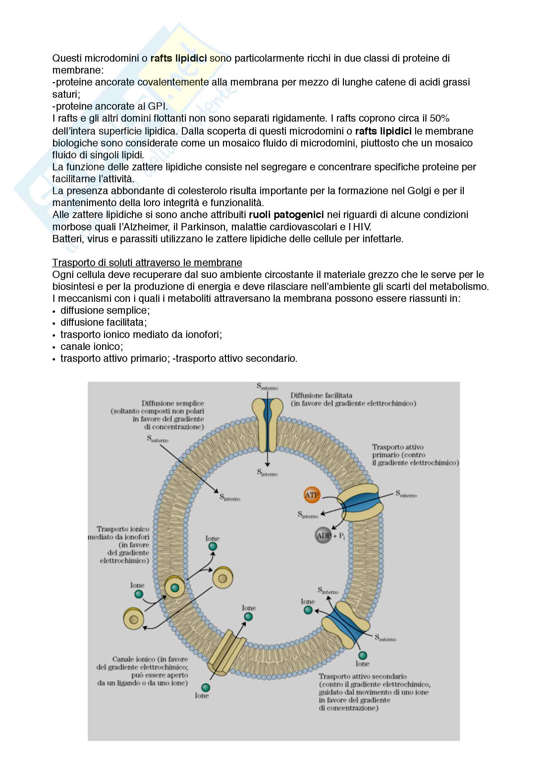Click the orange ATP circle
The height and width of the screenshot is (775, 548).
tap(311, 495)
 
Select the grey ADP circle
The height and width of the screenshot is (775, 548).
tap(323, 535)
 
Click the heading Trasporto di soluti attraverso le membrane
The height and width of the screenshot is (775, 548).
tap(147, 263)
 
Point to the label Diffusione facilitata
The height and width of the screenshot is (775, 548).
tap(321, 395)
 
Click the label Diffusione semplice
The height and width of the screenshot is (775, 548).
tap(172, 403)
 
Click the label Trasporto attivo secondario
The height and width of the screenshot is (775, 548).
tap(363, 676)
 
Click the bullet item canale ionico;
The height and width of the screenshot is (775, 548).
tap(92, 346)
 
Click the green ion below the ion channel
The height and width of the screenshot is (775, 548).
tap(205, 687)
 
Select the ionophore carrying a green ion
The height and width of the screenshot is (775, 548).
tap(175, 588)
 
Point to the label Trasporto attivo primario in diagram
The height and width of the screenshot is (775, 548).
tap(398, 447)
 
